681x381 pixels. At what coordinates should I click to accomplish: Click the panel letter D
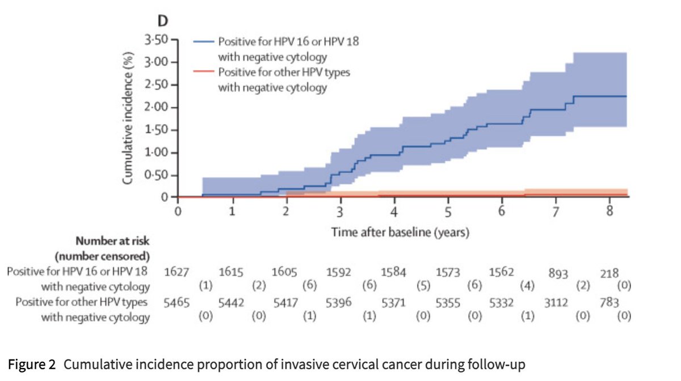[x=162, y=22]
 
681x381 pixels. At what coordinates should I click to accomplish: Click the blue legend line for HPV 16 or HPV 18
[x=204, y=41]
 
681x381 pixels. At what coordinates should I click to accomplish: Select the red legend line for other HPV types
[x=204, y=72]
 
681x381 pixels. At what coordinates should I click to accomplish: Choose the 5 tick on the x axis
[x=448, y=212]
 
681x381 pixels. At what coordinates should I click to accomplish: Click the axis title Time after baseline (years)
[x=400, y=232]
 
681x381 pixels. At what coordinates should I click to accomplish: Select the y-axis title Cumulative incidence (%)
[x=129, y=118]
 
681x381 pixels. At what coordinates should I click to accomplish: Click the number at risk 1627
[x=175, y=272]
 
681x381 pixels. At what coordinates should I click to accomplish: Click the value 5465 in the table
[x=175, y=303]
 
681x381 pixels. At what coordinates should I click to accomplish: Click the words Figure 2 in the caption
[x=32, y=364]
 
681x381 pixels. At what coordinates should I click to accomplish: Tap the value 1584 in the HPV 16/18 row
[x=393, y=272]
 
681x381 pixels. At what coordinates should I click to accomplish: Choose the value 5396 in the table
[x=339, y=303]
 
